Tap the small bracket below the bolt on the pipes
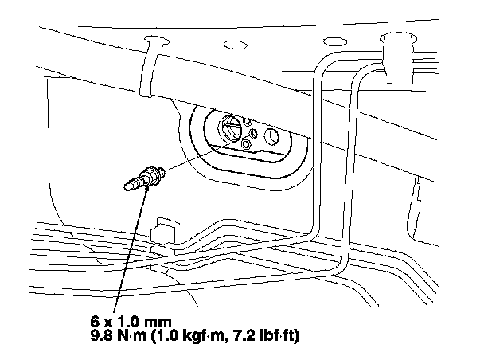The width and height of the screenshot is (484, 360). [x=164, y=232]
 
